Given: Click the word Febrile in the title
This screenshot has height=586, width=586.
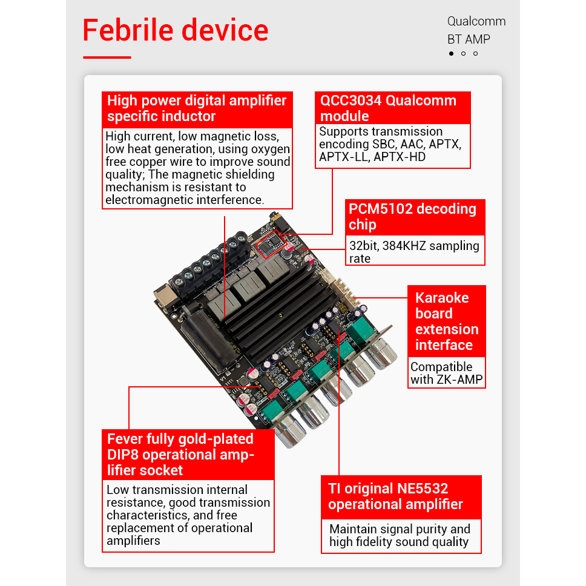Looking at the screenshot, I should [x=131, y=30].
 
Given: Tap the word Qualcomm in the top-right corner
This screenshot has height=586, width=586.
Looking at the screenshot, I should [x=476, y=21].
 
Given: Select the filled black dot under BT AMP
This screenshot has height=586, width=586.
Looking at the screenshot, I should [x=451, y=54].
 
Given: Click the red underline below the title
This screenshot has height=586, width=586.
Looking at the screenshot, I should [x=107, y=58].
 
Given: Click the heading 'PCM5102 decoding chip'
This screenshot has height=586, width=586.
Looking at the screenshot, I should [x=415, y=217].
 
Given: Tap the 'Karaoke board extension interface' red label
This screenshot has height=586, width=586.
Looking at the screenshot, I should [x=447, y=321].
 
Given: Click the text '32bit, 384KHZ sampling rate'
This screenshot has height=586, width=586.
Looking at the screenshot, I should [x=414, y=252].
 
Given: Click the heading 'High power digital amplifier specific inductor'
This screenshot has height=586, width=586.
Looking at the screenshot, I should [x=197, y=108].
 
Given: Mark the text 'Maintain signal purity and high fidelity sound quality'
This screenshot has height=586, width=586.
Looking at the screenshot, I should [x=400, y=536].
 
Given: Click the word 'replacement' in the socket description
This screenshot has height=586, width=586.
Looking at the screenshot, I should [x=140, y=528].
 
